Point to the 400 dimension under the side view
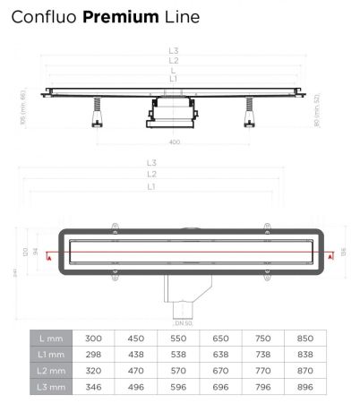[175, 141]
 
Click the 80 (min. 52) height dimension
[318, 111]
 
